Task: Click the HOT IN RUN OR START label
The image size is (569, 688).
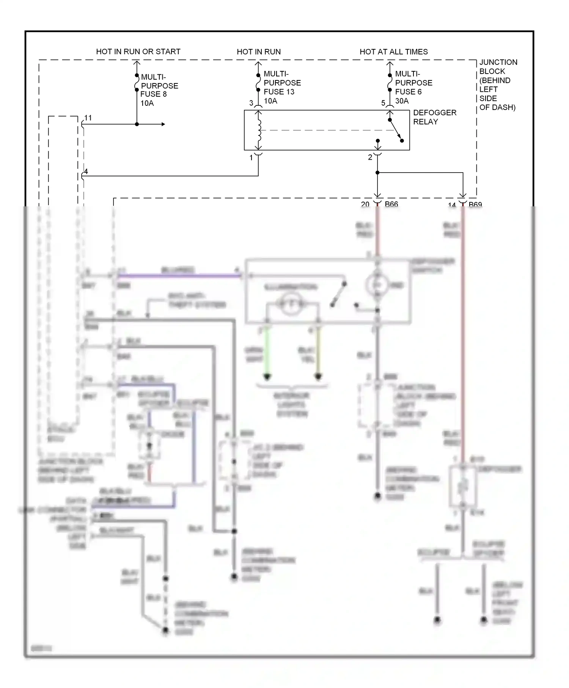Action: pos(138,52)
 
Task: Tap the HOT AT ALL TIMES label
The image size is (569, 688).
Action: pos(393,52)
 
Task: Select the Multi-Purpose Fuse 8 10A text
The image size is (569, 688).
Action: pos(159,90)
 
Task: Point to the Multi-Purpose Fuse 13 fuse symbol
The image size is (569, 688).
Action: pos(258,83)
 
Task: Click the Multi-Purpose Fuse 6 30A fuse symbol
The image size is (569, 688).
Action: pos(390,83)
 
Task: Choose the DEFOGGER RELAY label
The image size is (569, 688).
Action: pos(434,117)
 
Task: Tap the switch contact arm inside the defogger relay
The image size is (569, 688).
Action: pos(395,130)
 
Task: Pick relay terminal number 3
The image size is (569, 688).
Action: pos(251,103)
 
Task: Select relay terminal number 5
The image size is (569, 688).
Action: pos(383,103)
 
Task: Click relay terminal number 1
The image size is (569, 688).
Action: pos(251,158)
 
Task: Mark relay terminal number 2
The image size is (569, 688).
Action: pos(370,158)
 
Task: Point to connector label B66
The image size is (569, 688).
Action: pos(391,204)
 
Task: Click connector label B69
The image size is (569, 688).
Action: pos(475,204)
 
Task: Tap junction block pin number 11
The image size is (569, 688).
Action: pos(88,118)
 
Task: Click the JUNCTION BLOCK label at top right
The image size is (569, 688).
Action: pos(498,85)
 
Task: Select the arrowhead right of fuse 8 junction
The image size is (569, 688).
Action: pos(163,124)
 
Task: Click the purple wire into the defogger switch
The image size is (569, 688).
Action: pos(178,276)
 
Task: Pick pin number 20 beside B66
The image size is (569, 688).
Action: pos(365,204)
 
